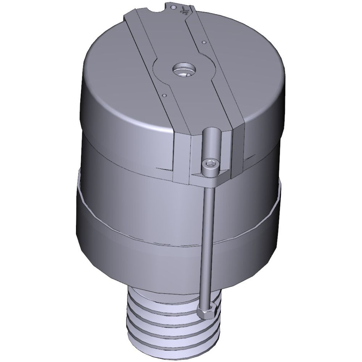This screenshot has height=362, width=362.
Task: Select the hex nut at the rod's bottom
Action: (207, 311)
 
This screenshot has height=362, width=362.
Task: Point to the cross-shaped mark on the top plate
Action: (186, 11)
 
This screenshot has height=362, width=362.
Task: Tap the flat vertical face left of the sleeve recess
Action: (181, 159)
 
